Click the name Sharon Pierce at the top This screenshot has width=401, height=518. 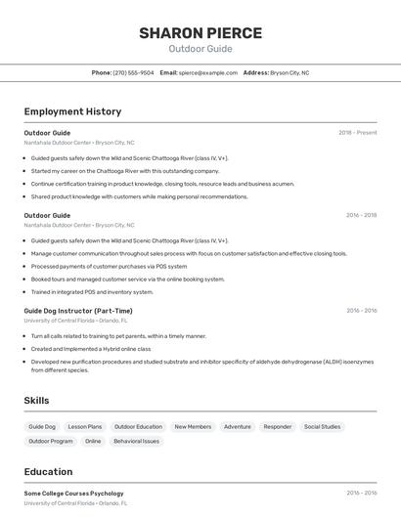pyautogui.click(x=200, y=32)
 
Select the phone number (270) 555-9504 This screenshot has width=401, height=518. pyautogui.click(x=133, y=72)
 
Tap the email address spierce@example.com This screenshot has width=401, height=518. pyautogui.click(x=208, y=72)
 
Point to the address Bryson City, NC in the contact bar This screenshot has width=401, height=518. pyautogui.click(x=290, y=72)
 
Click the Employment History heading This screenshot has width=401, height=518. pyautogui.click(x=72, y=111)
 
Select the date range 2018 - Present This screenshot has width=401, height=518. pyautogui.click(x=357, y=133)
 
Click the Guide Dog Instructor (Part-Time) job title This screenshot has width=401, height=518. pyautogui.click(x=77, y=311)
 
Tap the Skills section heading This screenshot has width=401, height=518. pyautogui.click(x=36, y=401)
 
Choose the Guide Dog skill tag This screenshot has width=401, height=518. pyautogui.click(x=42, y=427)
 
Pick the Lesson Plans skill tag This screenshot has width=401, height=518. pyautogui.click(x=85, y=427)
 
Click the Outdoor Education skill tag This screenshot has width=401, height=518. pyautogui.click(x=138, y=427)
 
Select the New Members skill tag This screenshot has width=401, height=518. pyautogui.click(x=193, y=427)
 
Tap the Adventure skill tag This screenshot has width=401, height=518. pyautogui.click(x=237, y=427)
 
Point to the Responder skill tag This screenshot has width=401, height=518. pyautogui.click(x=277, y=427)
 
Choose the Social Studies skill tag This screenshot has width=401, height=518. pyautogui.click(x=322, y=427)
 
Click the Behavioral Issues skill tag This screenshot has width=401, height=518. pyautogui.click(x=136, y=441)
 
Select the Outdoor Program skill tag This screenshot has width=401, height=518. pyautogui.click(x=51, y=441)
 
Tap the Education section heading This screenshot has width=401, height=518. pyautogui.click(x=48, y=472)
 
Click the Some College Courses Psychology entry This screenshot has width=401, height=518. pyautogui.click(x=73, y=494)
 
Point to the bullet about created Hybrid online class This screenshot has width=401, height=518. pyautogui.click(x=90, y=348)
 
